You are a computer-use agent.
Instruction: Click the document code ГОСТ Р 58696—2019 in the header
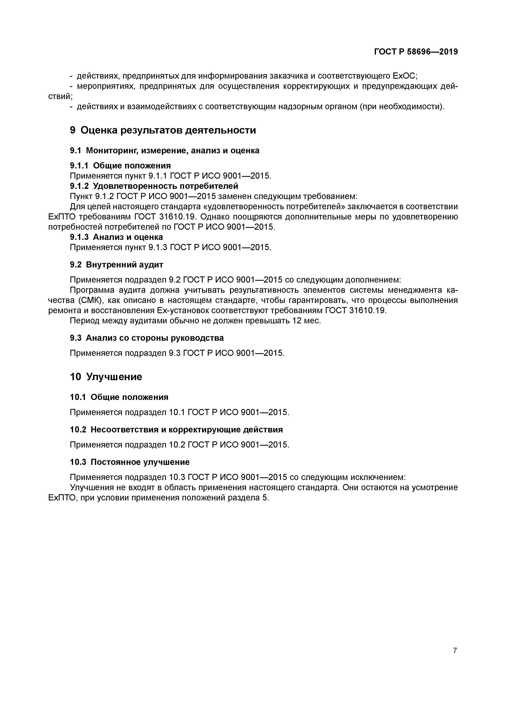point(416,52)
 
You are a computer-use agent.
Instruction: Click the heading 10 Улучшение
point(106,377)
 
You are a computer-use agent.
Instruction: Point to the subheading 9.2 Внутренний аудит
point(116,265)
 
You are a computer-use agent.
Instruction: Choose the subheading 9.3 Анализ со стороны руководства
point(147,338)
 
